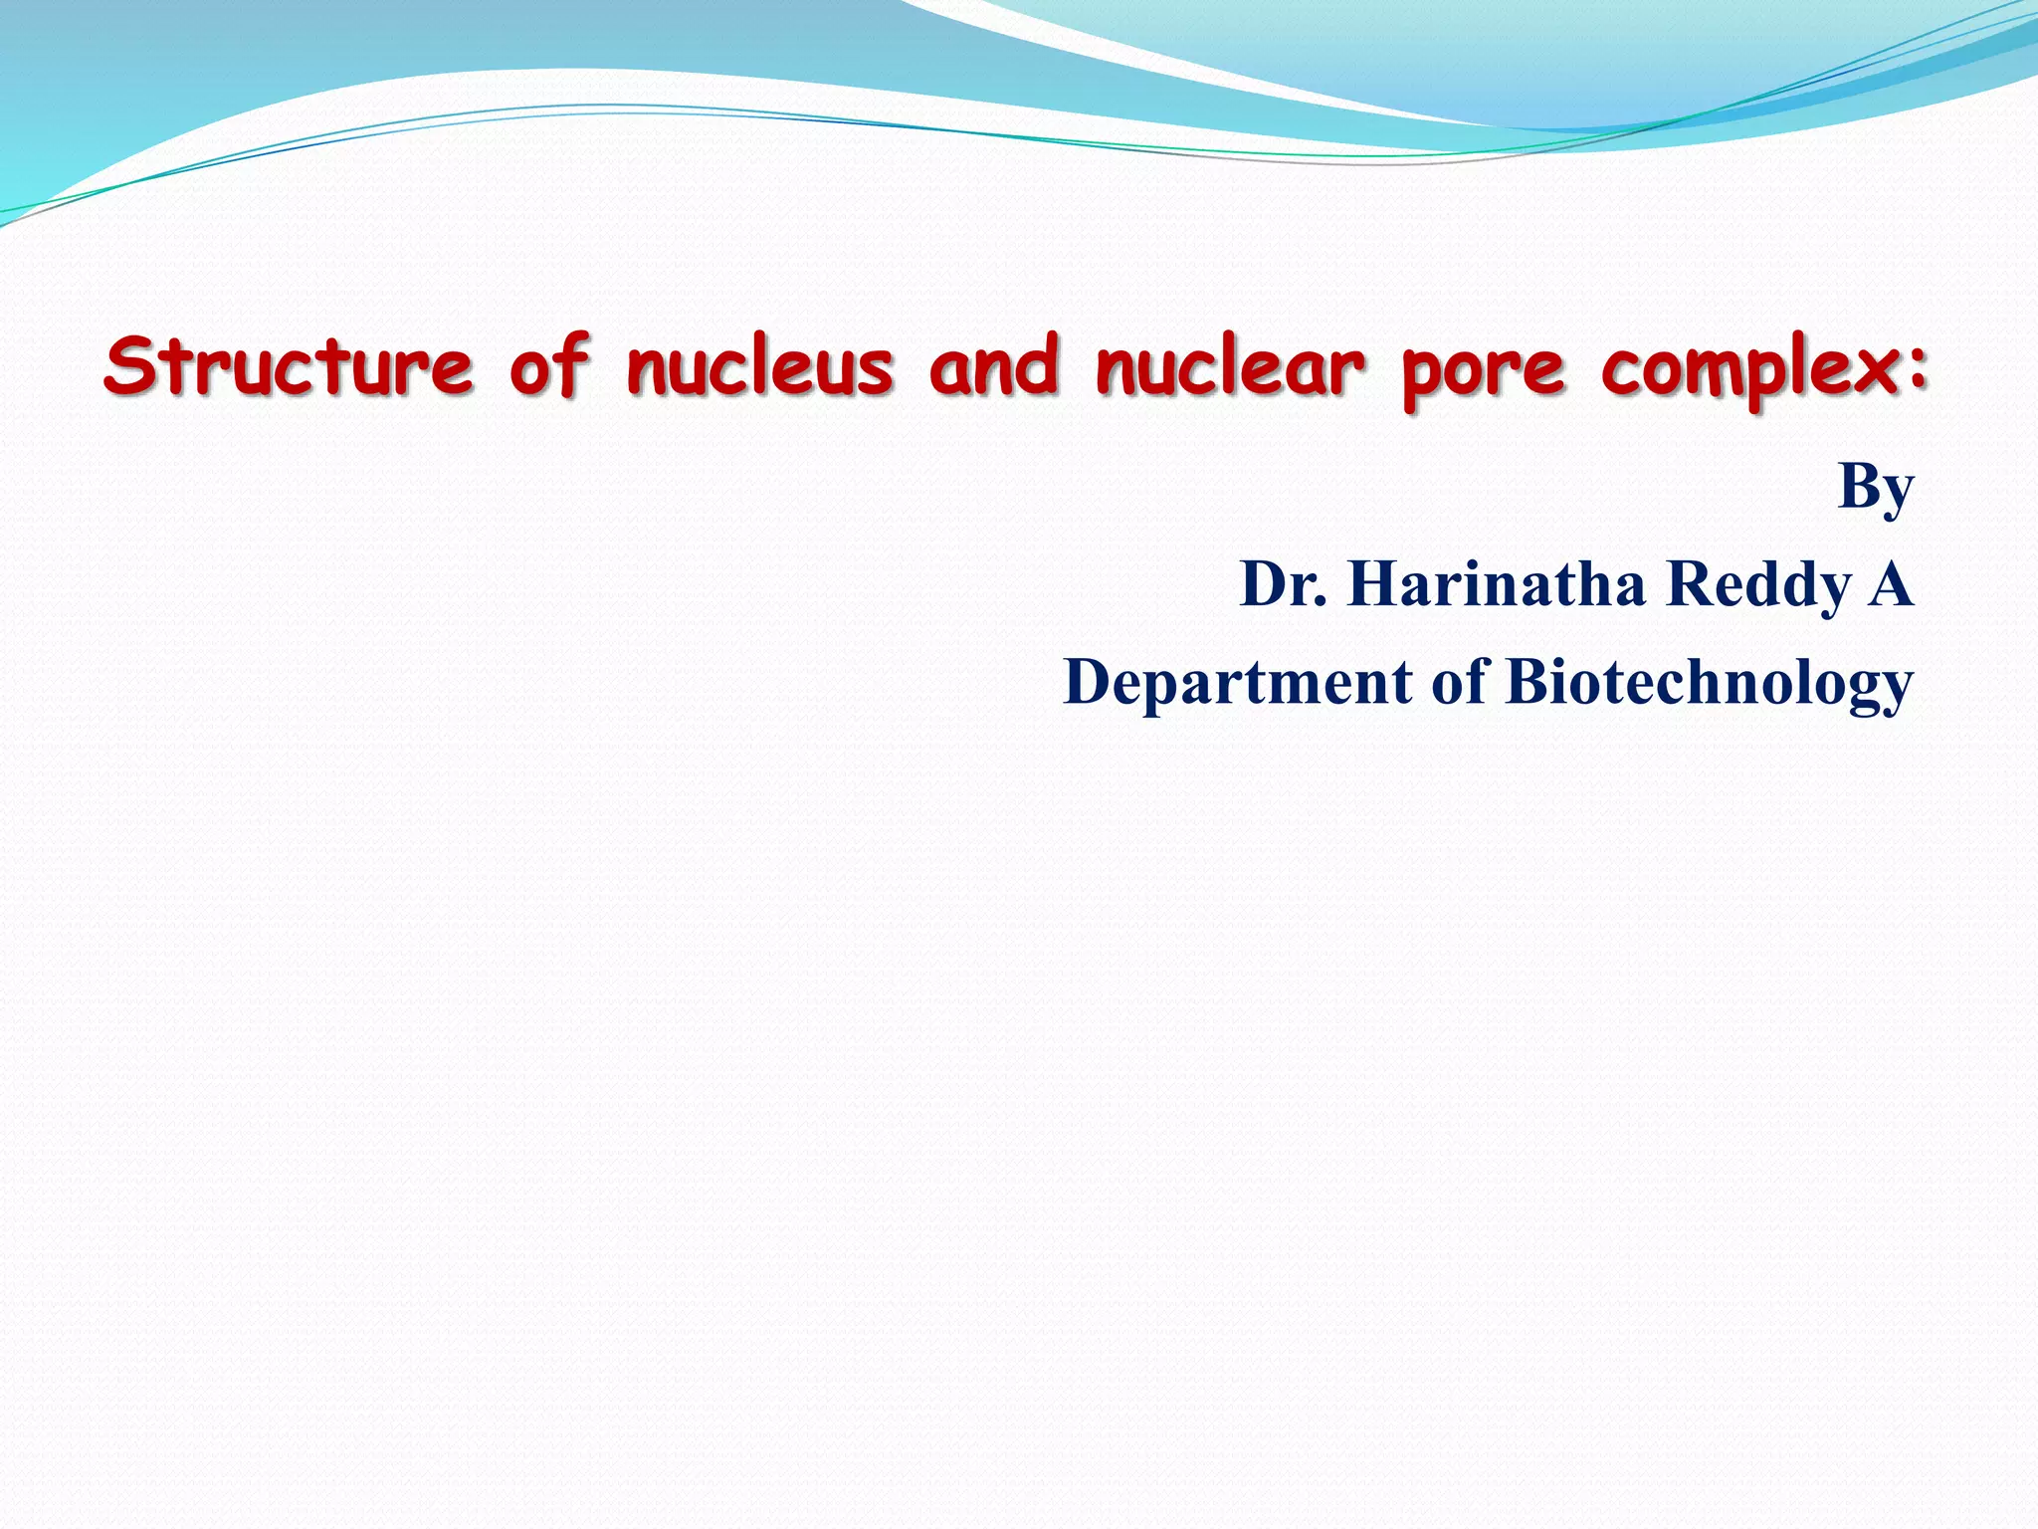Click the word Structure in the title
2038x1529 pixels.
click(289, 366)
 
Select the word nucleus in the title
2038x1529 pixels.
click(759, 366)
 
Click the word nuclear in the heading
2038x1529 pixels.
click(1230, 366)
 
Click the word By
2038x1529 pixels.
click(1875, 488)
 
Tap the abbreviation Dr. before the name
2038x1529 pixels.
click(1283, 584)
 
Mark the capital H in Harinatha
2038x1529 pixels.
click(1373, 584)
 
